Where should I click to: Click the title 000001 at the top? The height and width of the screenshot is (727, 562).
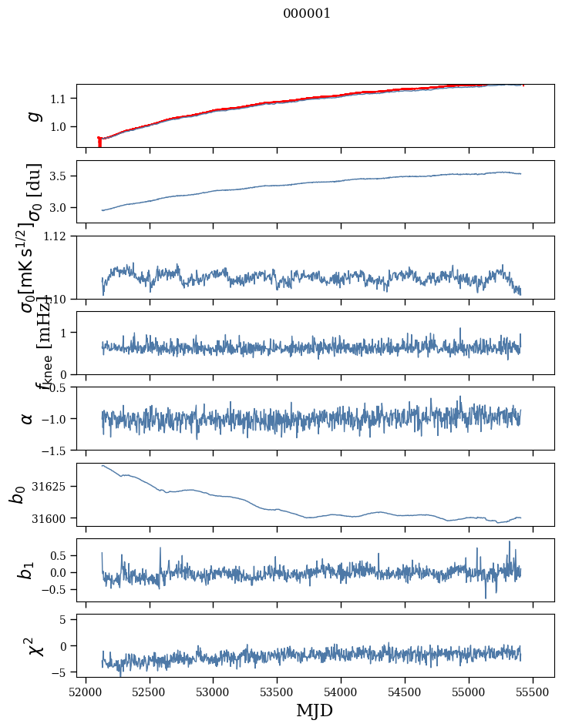coord(307,13)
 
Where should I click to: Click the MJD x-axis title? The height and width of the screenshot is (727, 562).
coord(315,710)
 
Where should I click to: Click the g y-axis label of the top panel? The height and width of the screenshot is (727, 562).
coord(32,116)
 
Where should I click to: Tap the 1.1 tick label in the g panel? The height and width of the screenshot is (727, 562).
coord(60,99)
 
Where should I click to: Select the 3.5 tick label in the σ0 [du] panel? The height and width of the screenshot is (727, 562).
coord(60,176)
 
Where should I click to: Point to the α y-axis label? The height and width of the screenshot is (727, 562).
coord(28,418)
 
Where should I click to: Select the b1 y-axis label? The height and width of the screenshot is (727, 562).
coord(28,570)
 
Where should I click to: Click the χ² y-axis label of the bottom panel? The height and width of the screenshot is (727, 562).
coord(35,645)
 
